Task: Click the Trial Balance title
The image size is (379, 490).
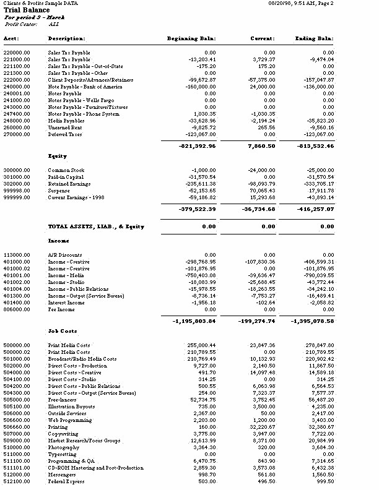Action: tap(25, 11)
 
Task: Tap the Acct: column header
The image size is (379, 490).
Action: tap(12, 38)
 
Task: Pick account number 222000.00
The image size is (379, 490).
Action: tap(17, 80)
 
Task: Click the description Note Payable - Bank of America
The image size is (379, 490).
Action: tap(85, 87)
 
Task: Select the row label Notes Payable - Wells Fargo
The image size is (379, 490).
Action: tap(77, 100)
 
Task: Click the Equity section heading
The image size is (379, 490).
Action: tap(58, 157)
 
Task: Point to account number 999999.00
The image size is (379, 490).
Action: tap(17, 197)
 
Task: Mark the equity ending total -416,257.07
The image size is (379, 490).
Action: tap(313, 209)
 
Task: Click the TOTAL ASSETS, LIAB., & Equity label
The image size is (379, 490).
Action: tap(96, 226)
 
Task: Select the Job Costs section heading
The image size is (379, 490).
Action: tap(63, 331)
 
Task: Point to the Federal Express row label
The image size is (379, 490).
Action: tap(67, 481)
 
